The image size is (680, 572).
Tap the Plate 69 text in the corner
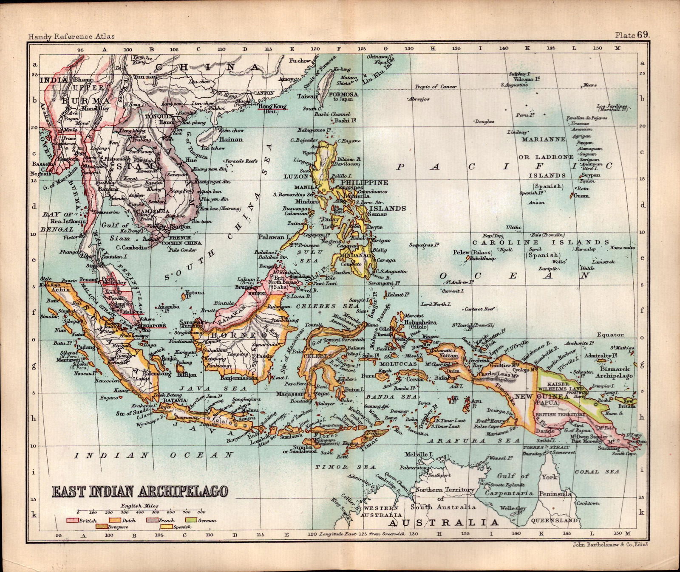632,35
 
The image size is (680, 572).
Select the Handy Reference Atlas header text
71,37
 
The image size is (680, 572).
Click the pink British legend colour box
72,520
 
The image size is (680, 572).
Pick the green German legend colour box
191,520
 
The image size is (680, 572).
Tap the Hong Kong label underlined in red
272,106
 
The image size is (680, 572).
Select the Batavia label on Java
175,401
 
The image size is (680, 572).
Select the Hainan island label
231,139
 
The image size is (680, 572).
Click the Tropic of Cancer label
436,87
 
